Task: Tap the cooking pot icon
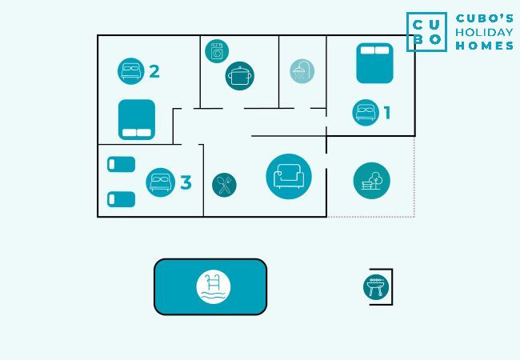pos(239,76)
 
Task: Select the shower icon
pos(302,71)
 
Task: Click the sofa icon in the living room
pos(289,176)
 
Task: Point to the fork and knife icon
pos(224,185)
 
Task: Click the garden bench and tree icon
pos(371,181)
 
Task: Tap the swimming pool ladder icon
pos(214,287)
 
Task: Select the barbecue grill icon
pos(375,287)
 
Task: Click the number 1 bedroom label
pos(387,113)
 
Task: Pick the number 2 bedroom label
pos(154,71)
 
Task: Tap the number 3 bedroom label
pos(186,182)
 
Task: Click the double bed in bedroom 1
pos(374,63)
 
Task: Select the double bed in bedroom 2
pos(137,120)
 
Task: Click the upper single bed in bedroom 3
pos(121,164)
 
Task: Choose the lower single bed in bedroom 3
pos(121,198)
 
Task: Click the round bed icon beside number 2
pos(130,71)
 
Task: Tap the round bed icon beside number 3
pos(161,182)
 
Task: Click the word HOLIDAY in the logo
pos(484,32)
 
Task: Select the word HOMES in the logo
pos(484,46)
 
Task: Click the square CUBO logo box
pos(426,32)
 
